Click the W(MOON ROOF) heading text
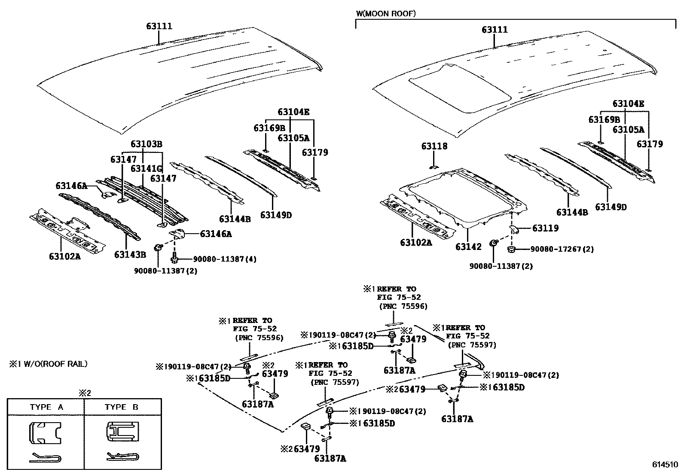click(385, 14)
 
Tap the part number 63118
click(434, 146)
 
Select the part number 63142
click(469, 247)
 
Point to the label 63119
click(545, 228)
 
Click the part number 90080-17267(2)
click(562, 249)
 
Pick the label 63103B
click(146, 144)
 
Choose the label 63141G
click(147, 168)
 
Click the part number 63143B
click(130, 255)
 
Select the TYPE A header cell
click(46, 407)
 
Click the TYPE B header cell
click(122, 407)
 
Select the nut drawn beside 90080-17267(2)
click(512, 249)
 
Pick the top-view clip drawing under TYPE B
click(122, 432)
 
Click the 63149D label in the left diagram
click(276, 215)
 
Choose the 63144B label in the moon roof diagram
click(572, 212)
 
